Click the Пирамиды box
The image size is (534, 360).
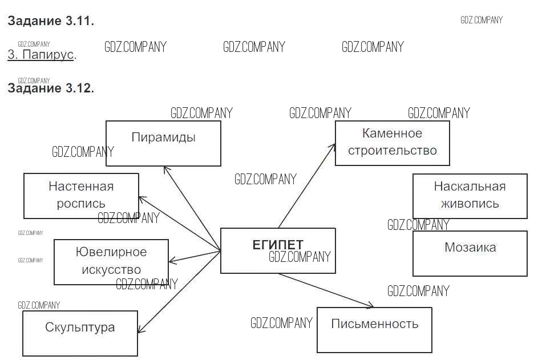tap(163, 143)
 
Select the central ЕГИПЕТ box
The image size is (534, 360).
tap(277, 250)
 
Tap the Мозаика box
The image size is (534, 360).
tap(470, 253)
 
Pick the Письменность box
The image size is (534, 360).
tap(374, 330)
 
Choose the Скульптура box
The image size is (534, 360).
tap(80, 333)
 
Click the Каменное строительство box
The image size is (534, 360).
tap(392, 143)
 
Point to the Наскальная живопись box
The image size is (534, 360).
tap(470, 196)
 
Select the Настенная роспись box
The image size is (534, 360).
tap(81, 196)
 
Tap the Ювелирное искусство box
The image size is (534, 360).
tap(111, 261)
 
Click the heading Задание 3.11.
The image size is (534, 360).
tap(51, 22)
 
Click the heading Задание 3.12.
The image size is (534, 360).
tap(51, 88)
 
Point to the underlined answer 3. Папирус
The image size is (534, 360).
tap(41, 55)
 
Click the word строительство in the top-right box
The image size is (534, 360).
tap(392, 151)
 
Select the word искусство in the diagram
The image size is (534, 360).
tap(111, 270)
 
